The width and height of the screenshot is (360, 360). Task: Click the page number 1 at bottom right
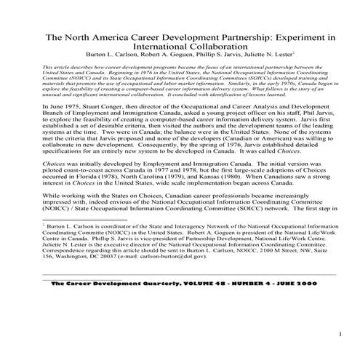click(x=340, y=333)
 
